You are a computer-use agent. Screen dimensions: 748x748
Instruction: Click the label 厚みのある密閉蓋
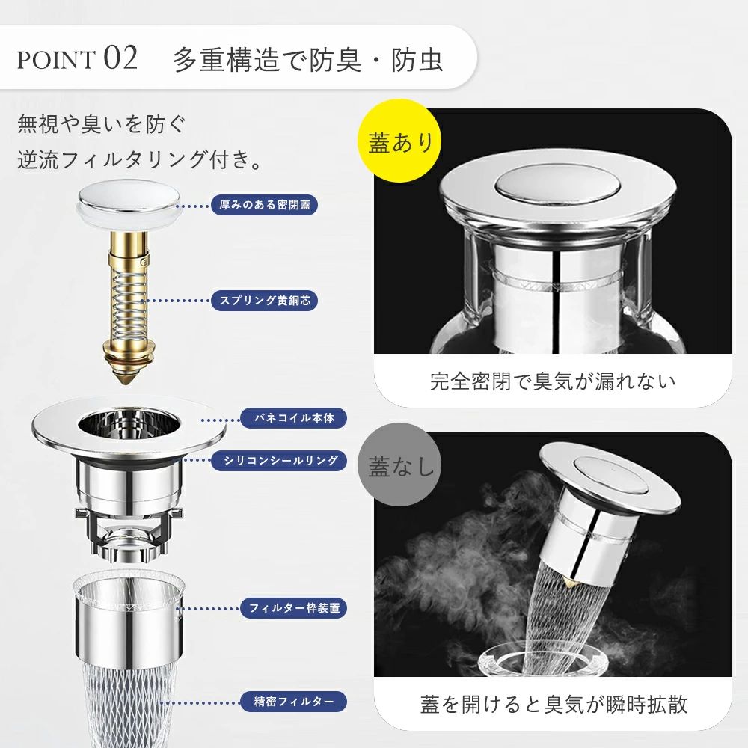264,205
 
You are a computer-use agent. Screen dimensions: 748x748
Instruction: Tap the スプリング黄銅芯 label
264,301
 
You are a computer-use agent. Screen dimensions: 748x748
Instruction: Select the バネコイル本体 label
293,418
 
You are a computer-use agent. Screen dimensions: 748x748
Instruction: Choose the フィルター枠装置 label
293,608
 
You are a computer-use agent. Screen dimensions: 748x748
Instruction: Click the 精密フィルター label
293,702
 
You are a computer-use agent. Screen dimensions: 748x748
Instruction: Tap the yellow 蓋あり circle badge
399,141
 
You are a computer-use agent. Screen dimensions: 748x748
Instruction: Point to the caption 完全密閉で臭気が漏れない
553,381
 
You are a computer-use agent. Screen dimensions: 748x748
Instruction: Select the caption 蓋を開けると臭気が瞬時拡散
553,704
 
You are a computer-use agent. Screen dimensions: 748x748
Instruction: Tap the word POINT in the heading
56,60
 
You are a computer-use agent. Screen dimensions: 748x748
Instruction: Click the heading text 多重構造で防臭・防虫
308,60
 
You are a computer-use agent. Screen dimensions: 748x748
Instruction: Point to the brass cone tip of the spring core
126,376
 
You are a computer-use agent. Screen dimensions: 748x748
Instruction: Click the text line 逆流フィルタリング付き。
140,159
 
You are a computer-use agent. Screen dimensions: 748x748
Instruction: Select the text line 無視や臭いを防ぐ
101,124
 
